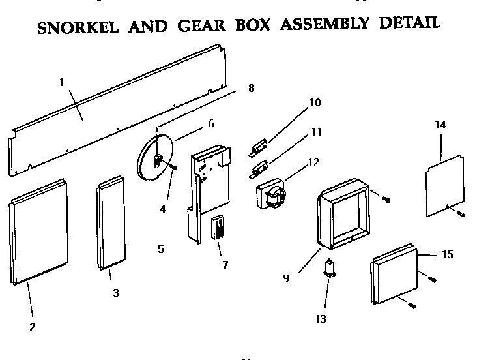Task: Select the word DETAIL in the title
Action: [406, 23]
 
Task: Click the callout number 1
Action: [62, 82]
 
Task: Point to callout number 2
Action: [33, 327]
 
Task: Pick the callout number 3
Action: [115, 293]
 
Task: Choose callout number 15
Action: [447, 254]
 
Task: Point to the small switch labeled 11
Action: [259, 169]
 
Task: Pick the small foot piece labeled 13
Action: [330, 268]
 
